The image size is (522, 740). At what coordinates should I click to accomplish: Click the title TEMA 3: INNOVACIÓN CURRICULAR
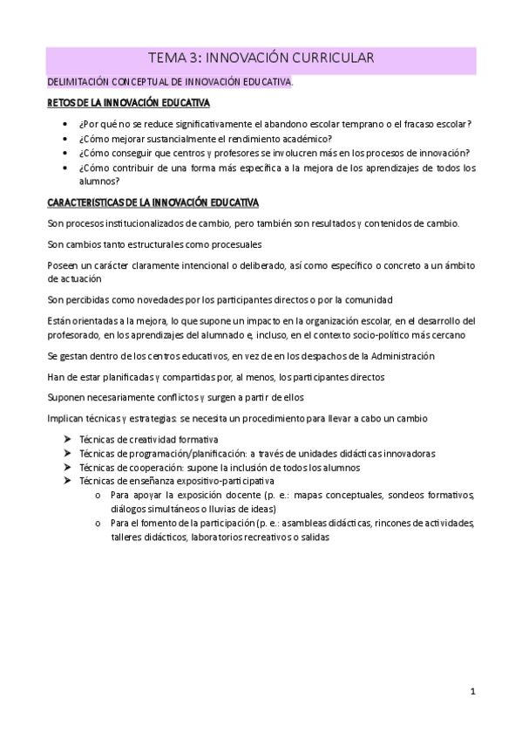click(x=261, y=58)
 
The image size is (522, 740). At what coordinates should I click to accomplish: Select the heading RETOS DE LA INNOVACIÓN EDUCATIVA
click(x=128, y=104)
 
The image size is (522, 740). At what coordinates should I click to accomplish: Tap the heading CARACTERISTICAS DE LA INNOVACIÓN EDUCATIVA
click(x=153, y=203)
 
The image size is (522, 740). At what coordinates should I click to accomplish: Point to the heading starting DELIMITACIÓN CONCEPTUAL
click(x=170, y=82)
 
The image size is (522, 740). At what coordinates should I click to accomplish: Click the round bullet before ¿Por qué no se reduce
click(x=68, y=124)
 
